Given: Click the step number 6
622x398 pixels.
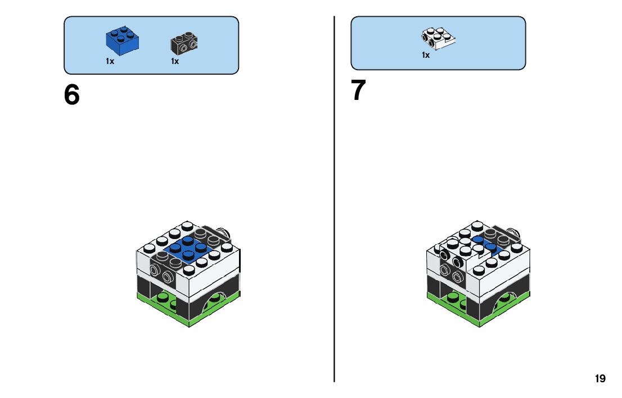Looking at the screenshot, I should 72,95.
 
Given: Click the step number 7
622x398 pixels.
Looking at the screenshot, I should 359,90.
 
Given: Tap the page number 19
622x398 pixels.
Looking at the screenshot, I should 600,379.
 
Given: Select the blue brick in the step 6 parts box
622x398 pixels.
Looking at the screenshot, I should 123,39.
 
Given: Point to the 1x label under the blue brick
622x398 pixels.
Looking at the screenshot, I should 110,61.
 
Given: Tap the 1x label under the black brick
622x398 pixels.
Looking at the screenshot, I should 175,61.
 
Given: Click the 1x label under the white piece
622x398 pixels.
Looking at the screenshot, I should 426,55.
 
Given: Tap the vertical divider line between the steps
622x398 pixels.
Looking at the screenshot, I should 335,196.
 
